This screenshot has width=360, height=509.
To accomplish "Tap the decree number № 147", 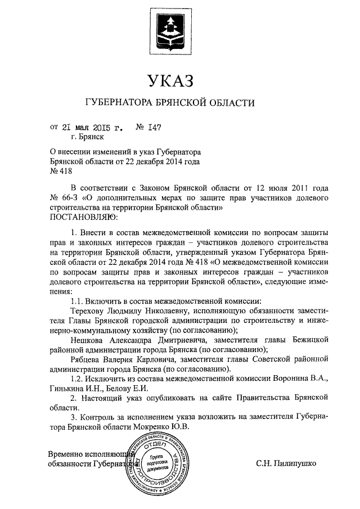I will click(x=148, y=128).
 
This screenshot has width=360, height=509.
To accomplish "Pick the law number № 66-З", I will click(x=64, y=197).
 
